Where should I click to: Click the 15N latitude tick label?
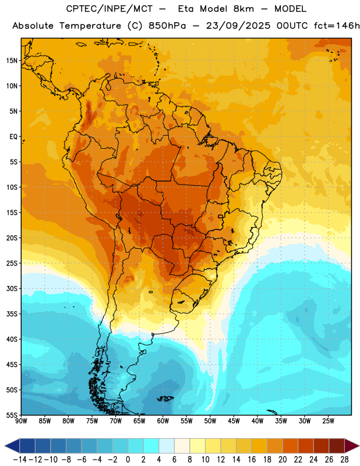tap(12, 61)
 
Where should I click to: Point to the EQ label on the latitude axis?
tap(13, 137)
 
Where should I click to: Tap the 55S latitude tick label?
tap(12, 415)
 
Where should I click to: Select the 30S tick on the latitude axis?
tap(12, 288)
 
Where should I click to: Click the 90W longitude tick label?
tap(21, 421)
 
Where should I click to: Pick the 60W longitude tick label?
tap(163, 421)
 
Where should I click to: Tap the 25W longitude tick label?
tap(328, 421)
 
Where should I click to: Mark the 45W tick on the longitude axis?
tap(234, 421)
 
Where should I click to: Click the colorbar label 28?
tap(344, 460)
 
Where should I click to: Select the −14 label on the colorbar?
tap(20, 460)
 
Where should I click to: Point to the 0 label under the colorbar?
tap(128, 460)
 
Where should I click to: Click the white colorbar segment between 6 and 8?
tap(182, 446)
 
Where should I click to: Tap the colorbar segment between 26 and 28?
tap(337, 446)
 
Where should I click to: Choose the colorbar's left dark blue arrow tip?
tap(5, 446)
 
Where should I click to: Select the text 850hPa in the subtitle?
tap(167, 26)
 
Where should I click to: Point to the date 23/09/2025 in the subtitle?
tap(238, 26)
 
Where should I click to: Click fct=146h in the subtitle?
tap(337, 26)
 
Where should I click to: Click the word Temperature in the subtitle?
tap(90, 26)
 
